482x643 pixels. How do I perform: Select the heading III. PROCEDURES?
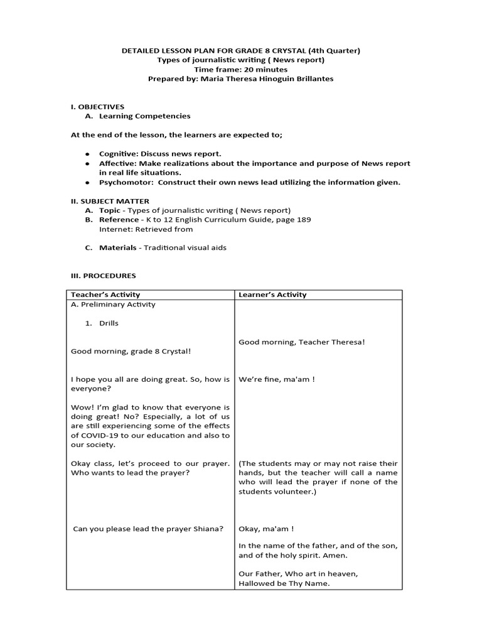click(103, 276)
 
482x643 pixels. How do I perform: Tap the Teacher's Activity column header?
click(105, 294)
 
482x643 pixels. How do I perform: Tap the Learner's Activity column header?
click(272, 294)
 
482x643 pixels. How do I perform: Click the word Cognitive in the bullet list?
click(117, 154)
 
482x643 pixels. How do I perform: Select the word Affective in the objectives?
click(117, 163)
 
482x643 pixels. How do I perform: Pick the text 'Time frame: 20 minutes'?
click(241, 70)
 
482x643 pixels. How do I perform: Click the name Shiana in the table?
click(208, 528)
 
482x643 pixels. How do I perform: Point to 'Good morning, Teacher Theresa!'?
click(302, 342)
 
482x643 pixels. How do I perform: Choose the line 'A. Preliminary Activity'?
click(113, 305)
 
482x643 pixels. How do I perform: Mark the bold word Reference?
click(119, 220)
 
